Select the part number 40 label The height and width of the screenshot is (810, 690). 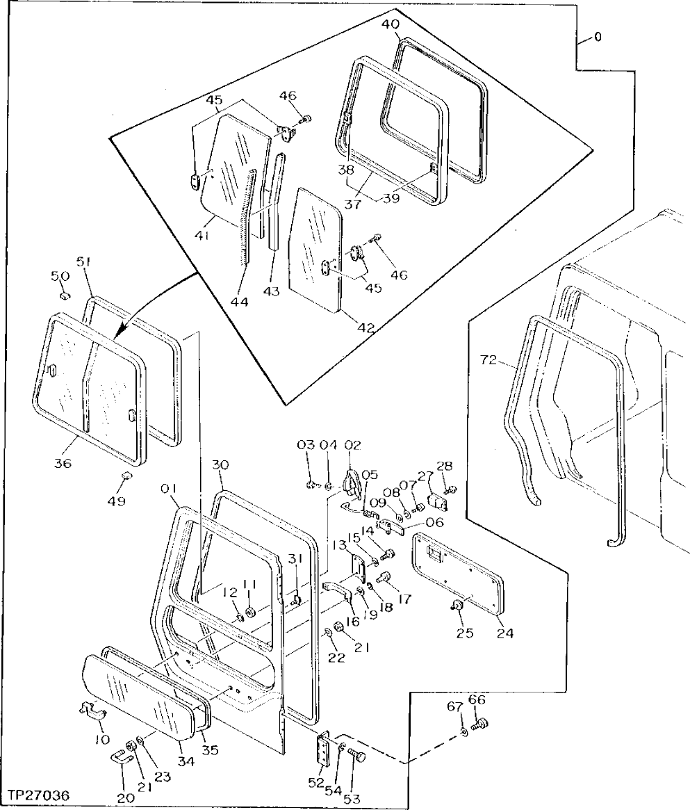391,25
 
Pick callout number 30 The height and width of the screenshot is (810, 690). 220,464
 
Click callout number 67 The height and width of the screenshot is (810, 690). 454,707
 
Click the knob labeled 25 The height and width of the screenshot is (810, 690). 457,606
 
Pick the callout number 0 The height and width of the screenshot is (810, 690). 598,37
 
